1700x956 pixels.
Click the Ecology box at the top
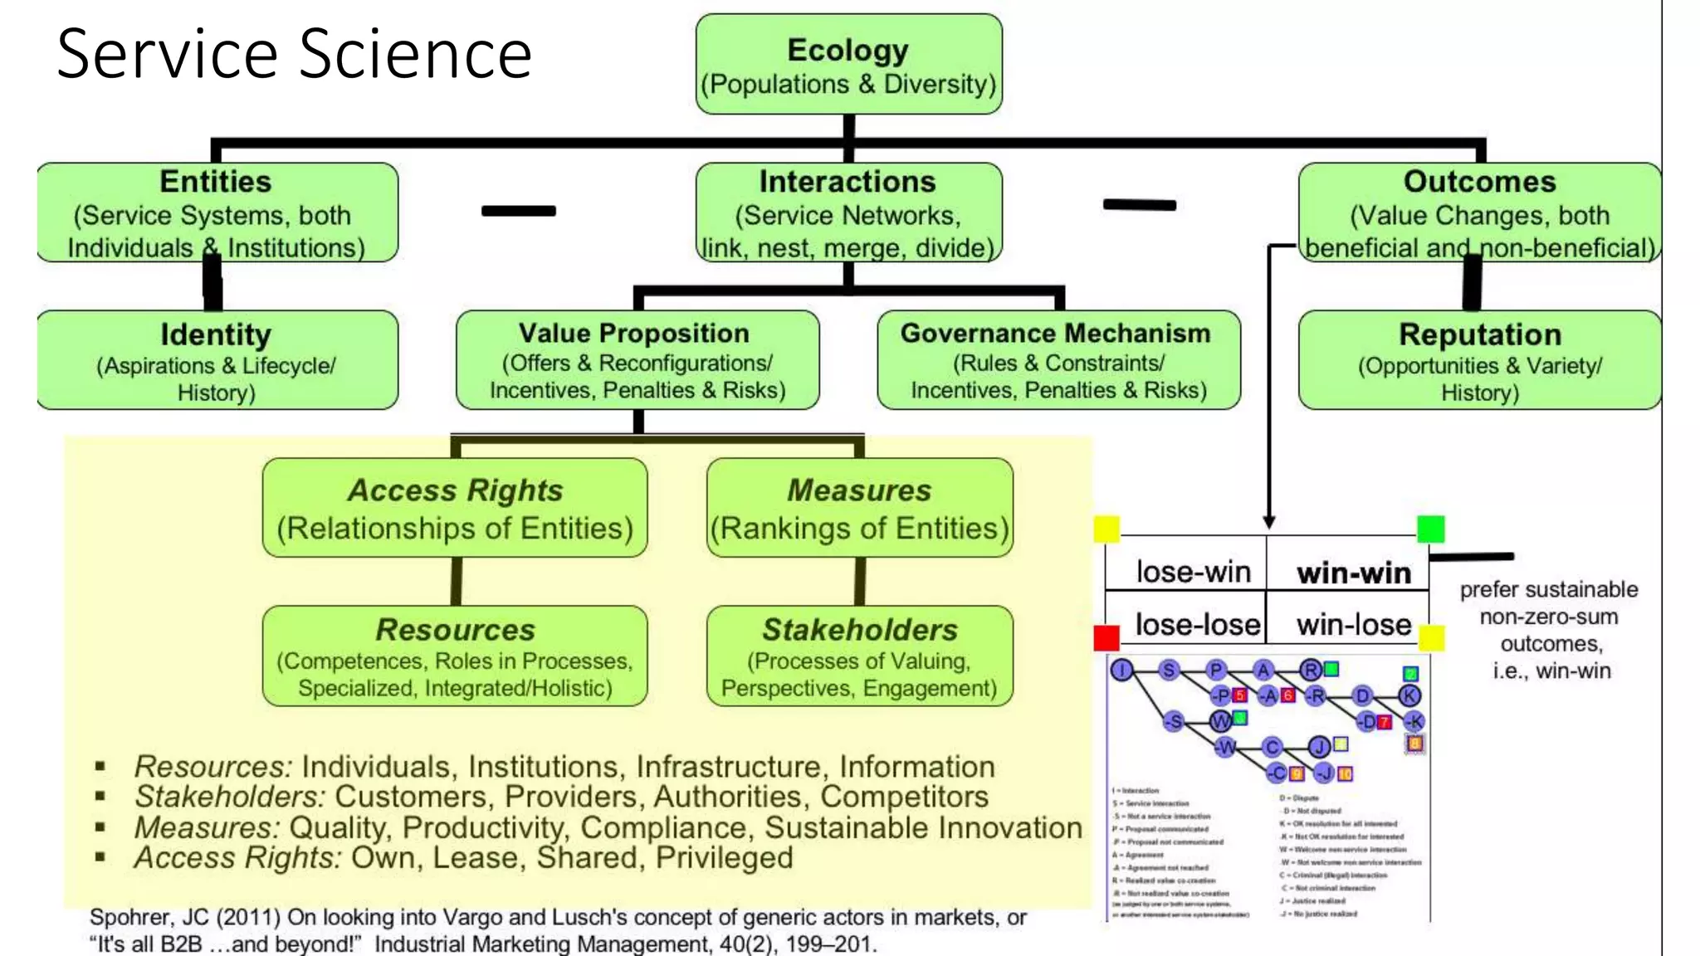pyautogui.click(x=848, y=65)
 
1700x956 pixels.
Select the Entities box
pyautogui.click(x=217, y=213)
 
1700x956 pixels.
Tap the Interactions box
pyautogui.click(x=848, y=213)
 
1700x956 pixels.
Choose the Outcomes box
pyautogui.click(x=1479, y=213)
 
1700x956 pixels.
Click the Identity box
pyautogui.click(x=217, y=360)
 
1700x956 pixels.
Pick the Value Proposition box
pyautogui.click(x=637, y=360)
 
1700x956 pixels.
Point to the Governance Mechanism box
pyautogui.click(x=1058, y=360)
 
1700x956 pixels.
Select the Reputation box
pyautogui.click(x=1479, y=360)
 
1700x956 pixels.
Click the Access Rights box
pyautogui.click(x=455, y=508)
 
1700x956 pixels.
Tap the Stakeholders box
pyautogui.click(x=859, y=656)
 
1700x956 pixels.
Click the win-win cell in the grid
pyautogui.click(x=1352, y=573)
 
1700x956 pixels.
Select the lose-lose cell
pyautogui.click(x=1196, y=624)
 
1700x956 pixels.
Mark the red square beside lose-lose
pyautogui.click(x=1106, y=638)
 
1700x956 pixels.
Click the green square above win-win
pyautogui.click(x=1430, y=529)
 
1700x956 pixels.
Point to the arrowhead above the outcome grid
pyautogui.click(x=1268, y=522)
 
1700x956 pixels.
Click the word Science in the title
pyautogui.click(x=414, y=54)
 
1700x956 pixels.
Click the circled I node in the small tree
pyautogui.click(x=1121, y=670)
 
